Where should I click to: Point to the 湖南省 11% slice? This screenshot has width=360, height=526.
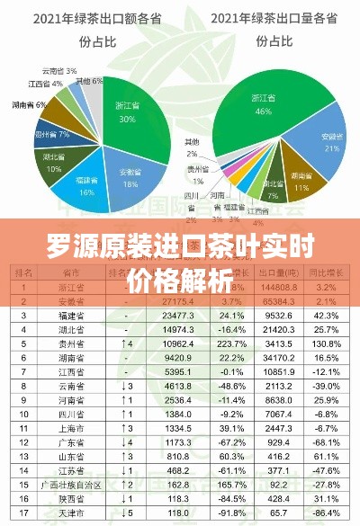(301, 184)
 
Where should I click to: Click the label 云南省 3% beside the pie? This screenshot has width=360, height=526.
(59, 70)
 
